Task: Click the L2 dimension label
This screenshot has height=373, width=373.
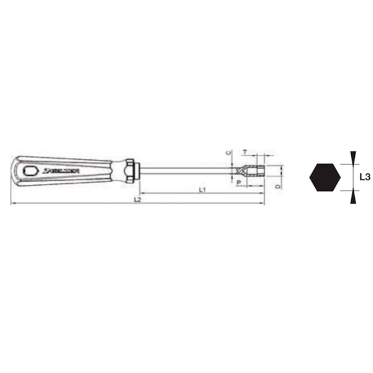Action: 138,200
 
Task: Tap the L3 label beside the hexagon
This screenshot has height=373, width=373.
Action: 366,177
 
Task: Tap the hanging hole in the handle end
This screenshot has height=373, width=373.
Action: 28,170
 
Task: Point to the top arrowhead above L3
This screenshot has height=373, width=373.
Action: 352,156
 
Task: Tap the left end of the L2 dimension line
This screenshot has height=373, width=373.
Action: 12,203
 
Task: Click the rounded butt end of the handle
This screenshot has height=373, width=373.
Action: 14,170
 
